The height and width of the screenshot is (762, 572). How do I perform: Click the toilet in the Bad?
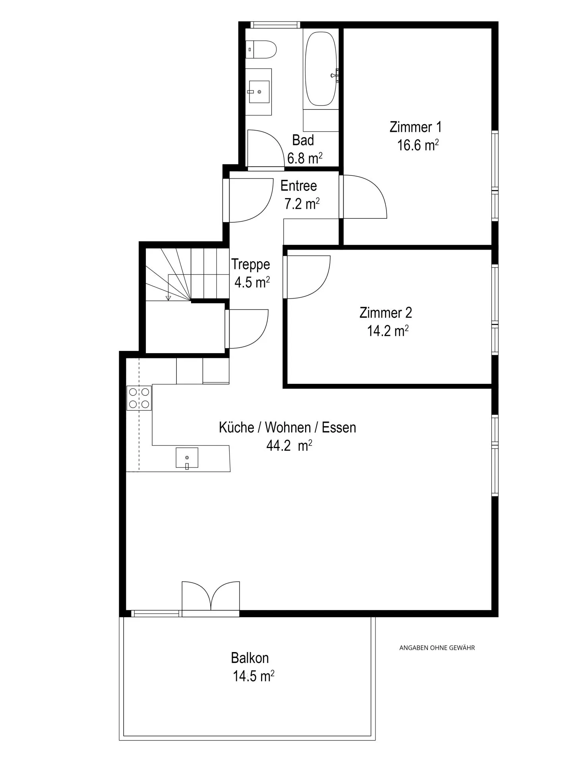coord(262,50)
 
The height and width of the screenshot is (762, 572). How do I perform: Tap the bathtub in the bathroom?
coord(321,69)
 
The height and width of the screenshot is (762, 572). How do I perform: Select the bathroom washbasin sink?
coord(259,92)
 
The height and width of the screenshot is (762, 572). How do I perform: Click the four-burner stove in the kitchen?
coord(139,398)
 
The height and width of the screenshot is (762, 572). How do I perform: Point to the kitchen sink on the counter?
coord(187,458)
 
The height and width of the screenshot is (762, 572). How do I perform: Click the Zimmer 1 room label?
coord(415,127)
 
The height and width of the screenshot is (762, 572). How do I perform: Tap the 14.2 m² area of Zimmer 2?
coord(387,331)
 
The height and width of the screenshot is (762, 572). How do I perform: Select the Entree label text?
coord(298,186)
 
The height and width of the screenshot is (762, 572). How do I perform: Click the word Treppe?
coord(251,264)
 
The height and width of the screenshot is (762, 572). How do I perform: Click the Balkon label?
coord(250,658)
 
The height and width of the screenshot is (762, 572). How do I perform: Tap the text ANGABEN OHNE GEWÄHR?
coord(437,648)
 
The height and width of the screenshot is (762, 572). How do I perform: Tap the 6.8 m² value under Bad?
coord(304,158)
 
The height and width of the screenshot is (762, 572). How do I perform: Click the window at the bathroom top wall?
coord(275,25)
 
